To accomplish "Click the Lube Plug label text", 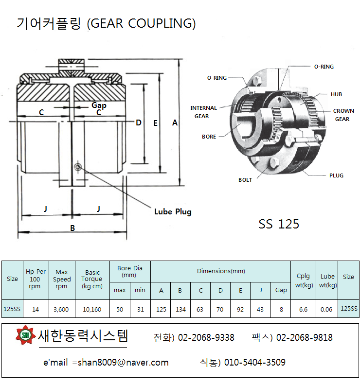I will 173,211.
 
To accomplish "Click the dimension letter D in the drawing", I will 139,123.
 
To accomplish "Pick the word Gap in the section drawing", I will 99,105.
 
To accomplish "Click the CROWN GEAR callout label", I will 343,115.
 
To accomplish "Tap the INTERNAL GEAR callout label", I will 203,112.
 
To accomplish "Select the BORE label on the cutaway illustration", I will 209,137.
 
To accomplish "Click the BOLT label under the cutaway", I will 245,180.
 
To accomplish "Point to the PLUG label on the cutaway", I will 336,175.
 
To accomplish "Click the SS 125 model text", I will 279,224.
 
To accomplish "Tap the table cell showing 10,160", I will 92,309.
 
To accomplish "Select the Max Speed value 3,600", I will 62,309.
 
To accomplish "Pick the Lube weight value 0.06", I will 327,309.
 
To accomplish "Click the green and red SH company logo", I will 24,335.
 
